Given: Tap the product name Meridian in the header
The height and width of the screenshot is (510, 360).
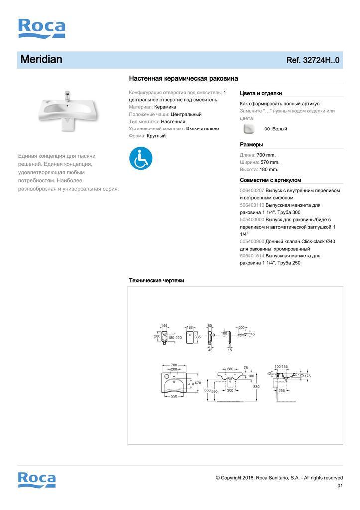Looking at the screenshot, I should pos(41,60).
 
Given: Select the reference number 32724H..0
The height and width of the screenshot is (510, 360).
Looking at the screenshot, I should pos(313,60).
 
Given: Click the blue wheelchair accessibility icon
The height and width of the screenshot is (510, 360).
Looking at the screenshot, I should pos(141,157).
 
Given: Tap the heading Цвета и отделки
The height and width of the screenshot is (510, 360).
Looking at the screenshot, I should pos(261,93).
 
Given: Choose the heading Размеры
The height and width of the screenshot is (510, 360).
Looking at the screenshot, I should pos(251,145).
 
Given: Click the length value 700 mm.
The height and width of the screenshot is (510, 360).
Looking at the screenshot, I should pos(266,155).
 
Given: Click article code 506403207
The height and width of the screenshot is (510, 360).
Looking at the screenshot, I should pos(252,190).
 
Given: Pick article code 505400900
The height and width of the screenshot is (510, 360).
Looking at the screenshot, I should pos(252,241).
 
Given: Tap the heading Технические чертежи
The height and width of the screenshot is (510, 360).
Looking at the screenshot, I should pos(156,280).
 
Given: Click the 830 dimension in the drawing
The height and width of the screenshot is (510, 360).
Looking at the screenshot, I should pos(257,386).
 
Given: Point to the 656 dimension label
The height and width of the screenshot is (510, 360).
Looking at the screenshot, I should pos(207,391).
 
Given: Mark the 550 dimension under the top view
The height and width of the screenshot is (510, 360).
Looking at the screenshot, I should pos(174,397).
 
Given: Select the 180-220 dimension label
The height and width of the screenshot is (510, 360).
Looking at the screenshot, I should pos(175,338).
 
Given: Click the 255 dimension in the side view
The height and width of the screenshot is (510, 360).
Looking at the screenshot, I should pos(282,391).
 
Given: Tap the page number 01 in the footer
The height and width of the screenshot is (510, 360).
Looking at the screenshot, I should pos(340,486).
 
